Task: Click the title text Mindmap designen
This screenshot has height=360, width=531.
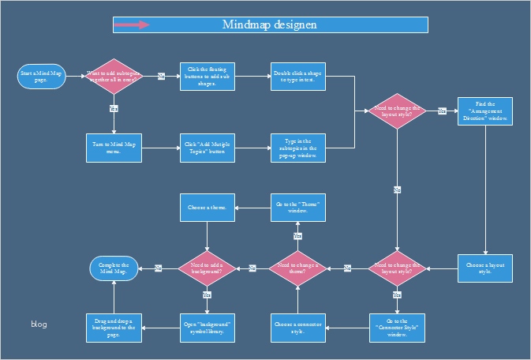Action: pos(270,24)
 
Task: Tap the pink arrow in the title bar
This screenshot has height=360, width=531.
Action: pos(132,24)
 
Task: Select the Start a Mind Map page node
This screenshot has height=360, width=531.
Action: pos(41,77)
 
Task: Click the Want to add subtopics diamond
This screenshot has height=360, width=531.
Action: pos(113,77)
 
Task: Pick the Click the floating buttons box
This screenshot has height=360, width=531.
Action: pos(207,77)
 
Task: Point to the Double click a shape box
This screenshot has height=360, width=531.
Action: pos(297,77)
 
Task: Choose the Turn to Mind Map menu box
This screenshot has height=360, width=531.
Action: pos(114,148)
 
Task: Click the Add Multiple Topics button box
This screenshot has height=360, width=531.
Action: pos(207,148)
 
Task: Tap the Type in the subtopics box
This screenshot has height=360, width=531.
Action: pos(297,148)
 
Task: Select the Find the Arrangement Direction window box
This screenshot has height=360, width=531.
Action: pos(486,111)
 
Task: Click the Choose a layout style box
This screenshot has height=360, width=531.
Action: pos(486,268)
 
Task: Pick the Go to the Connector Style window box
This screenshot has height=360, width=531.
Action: pos(396,328)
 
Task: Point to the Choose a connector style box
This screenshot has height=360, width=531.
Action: pos(298,328)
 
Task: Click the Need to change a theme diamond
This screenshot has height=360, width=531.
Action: pos(298,268)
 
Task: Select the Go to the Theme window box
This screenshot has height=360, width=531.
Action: pos(298,208)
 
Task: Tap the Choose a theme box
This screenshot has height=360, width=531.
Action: pos(207,208)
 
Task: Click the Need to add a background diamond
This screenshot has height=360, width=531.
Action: pos(207,268)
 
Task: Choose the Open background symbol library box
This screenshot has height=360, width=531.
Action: pos(207,328)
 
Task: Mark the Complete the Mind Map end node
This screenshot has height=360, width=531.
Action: pos(114,268)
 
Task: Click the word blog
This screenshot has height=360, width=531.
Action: pos(39,324)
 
